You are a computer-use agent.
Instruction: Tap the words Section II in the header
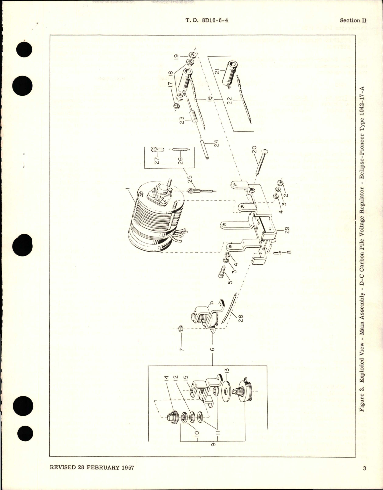pyautogui.click(x=353, y=20)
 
